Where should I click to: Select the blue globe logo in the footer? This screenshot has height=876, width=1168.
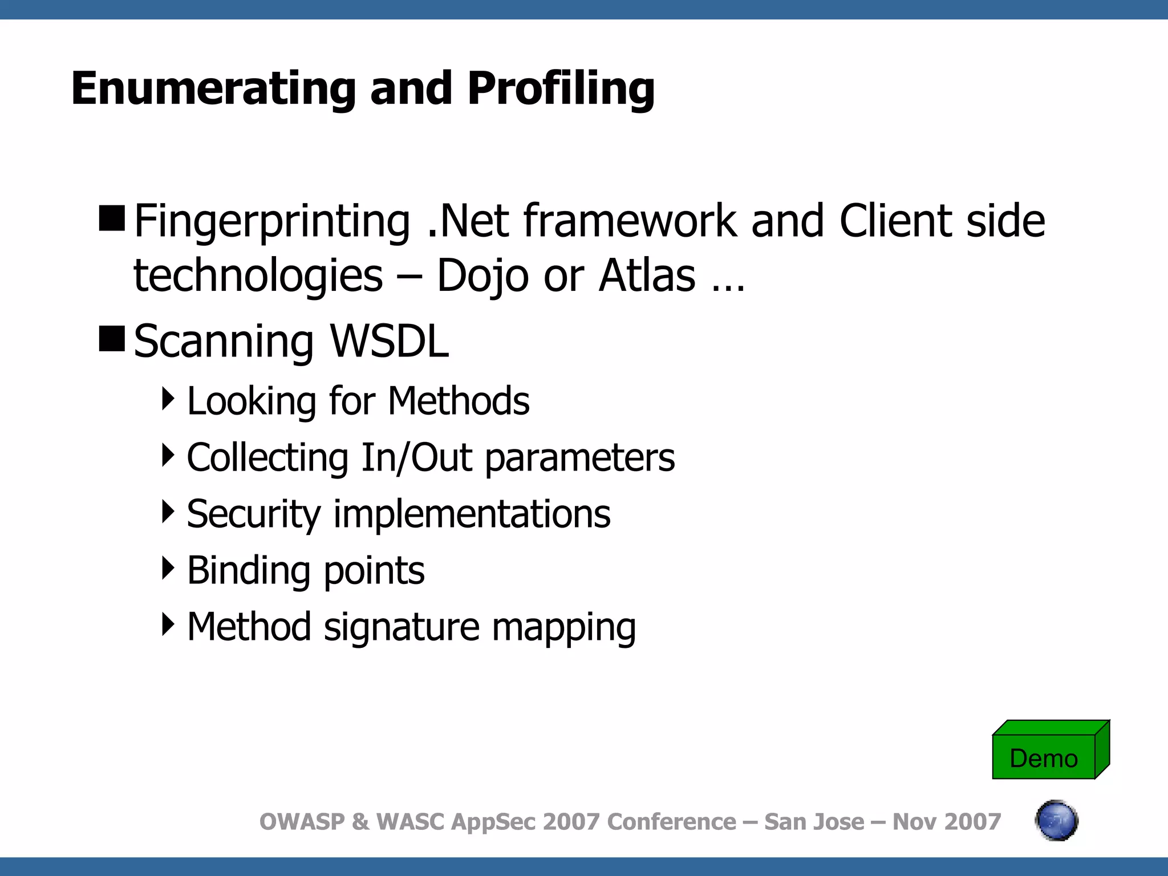click(x=1056, y=821)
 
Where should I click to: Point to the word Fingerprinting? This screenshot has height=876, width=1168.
click(x=271, y=221)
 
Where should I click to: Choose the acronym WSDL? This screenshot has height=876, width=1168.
click(x=390, y=341)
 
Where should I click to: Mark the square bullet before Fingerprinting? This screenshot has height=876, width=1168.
click(x=112, y=218)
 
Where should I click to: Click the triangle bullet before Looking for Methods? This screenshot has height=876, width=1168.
click(x=168, y=399)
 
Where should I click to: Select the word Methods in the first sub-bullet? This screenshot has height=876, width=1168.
click(x=459, y=401)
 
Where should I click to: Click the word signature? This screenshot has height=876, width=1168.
click(x=401, y=627)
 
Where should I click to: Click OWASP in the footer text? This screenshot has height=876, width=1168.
click(x=302, y=822)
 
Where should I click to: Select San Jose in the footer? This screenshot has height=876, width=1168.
click(x=814, y=822)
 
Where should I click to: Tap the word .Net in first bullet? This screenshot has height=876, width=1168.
click(x=468, y=221)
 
